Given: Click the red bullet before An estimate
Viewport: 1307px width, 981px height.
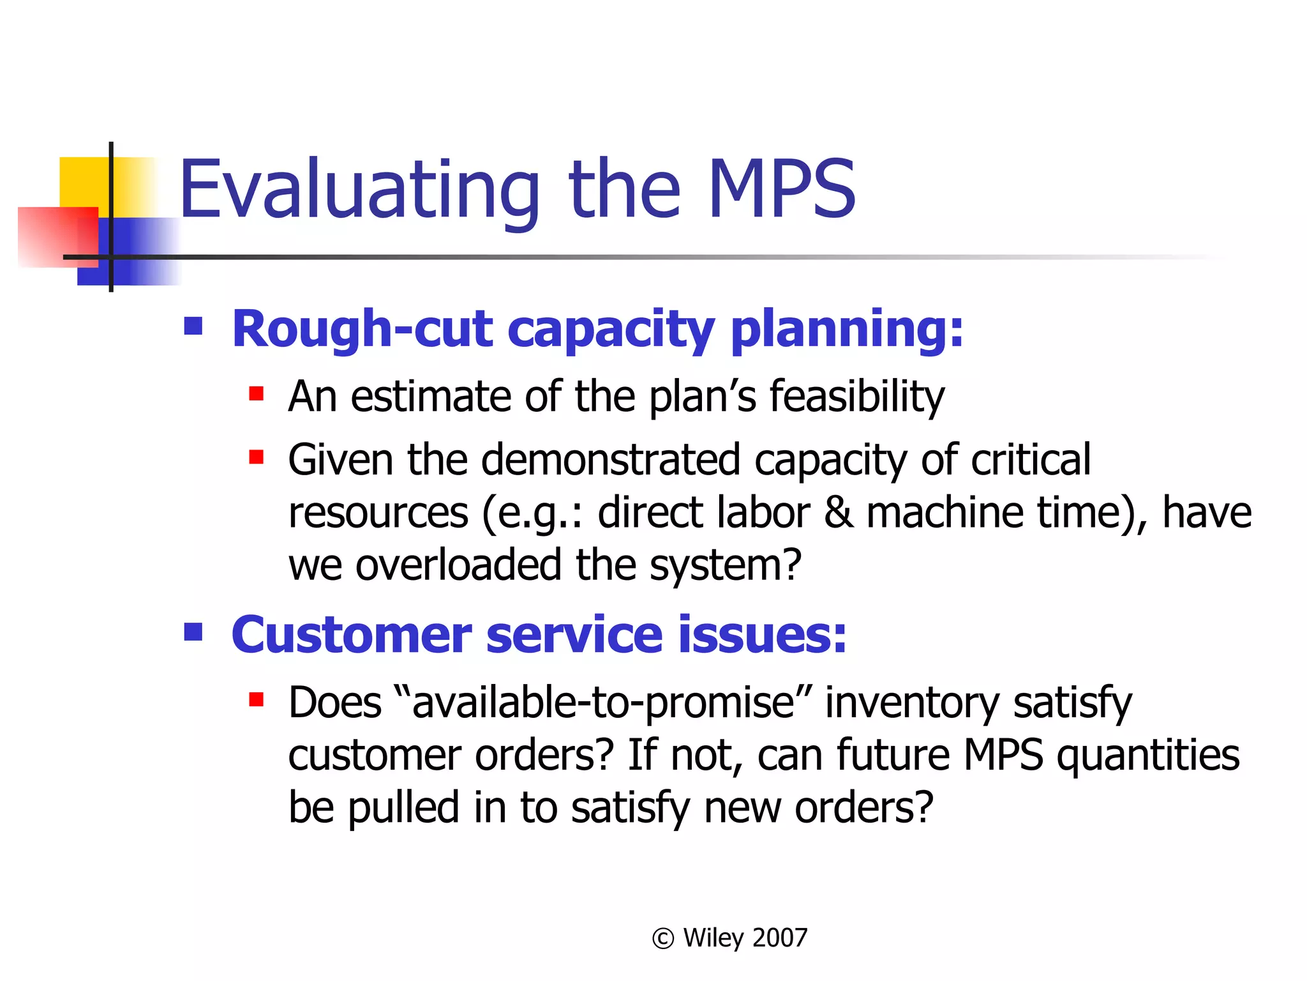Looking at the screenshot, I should pyautogui.click(x=257, y=393).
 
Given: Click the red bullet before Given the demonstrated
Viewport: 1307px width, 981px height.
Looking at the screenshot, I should pyautogui.click(x=257, y=457).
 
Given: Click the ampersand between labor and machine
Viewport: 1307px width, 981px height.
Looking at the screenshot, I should pyautogui.click(x=838, y=513).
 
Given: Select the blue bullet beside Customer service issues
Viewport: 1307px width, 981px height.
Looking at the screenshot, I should pyautogui.click(x=193, y=632).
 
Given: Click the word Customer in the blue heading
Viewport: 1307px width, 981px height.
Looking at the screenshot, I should pyautogui.click(x=351, y=635).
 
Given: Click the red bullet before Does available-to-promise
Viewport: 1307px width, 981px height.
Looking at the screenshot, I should pyautogui.click(x=257, y=699).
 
